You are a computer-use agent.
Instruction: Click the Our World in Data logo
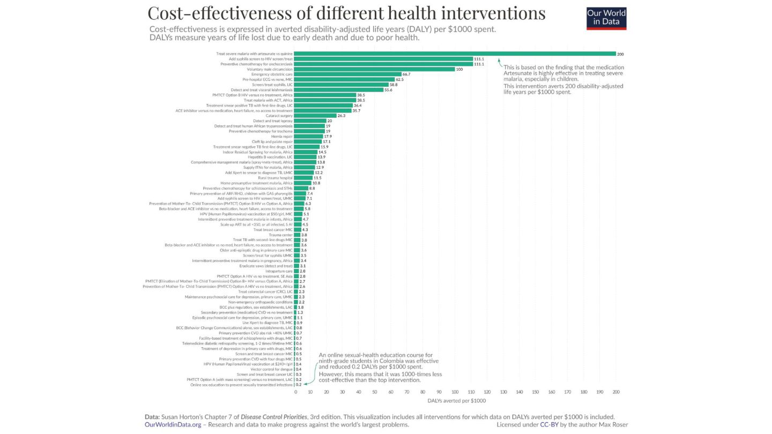pyautogui.click(x=606, y=18)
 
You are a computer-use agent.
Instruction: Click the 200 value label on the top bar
pyautogui.click(x=620, y=54)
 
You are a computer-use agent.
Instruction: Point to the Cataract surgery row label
pyautogui.click(x=279, y=116)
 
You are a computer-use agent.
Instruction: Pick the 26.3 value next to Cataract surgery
pyautogui.click(x=342, y=116)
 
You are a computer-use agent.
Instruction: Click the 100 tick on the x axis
pyautogui.click(x=455, y=392)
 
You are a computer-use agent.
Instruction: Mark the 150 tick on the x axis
pyautogui.click(x=536, y=392)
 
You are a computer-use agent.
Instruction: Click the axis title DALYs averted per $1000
pyautogui.click(x=457, y=401)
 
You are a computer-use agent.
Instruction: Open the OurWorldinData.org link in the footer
pyautogui.click(x=173, y=425)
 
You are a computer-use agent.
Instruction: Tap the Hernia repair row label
pyautogui.click(x=282, y=136)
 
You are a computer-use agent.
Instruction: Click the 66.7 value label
pyautogui.click(x=406, y=74)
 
